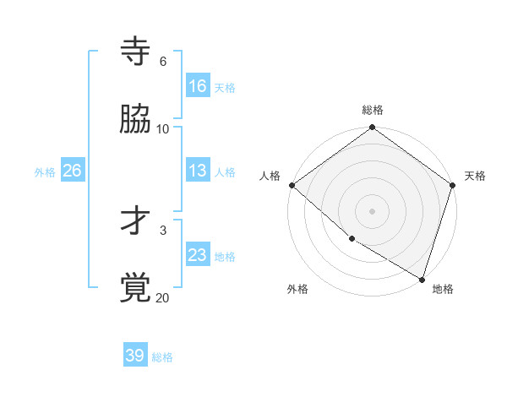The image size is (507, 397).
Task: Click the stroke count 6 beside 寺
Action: point(163,62)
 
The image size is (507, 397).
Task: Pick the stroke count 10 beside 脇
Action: point(163,129)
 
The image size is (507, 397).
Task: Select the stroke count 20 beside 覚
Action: point(163,297)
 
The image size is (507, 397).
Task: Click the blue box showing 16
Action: point(198,86)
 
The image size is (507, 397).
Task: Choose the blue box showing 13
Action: point(198,171)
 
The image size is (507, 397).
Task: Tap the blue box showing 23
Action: point(198,255)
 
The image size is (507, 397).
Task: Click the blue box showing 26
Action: point(73,171)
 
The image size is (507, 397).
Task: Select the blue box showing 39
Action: point(135,356)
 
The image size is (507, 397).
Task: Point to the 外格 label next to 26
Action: point(45,171)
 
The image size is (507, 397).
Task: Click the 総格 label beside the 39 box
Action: point(162,357)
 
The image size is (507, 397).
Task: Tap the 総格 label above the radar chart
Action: point(373,110)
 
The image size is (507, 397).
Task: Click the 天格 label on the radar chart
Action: point(475,176)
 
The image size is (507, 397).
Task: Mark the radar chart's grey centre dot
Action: point(373,211)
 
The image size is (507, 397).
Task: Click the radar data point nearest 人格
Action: point(292,185)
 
